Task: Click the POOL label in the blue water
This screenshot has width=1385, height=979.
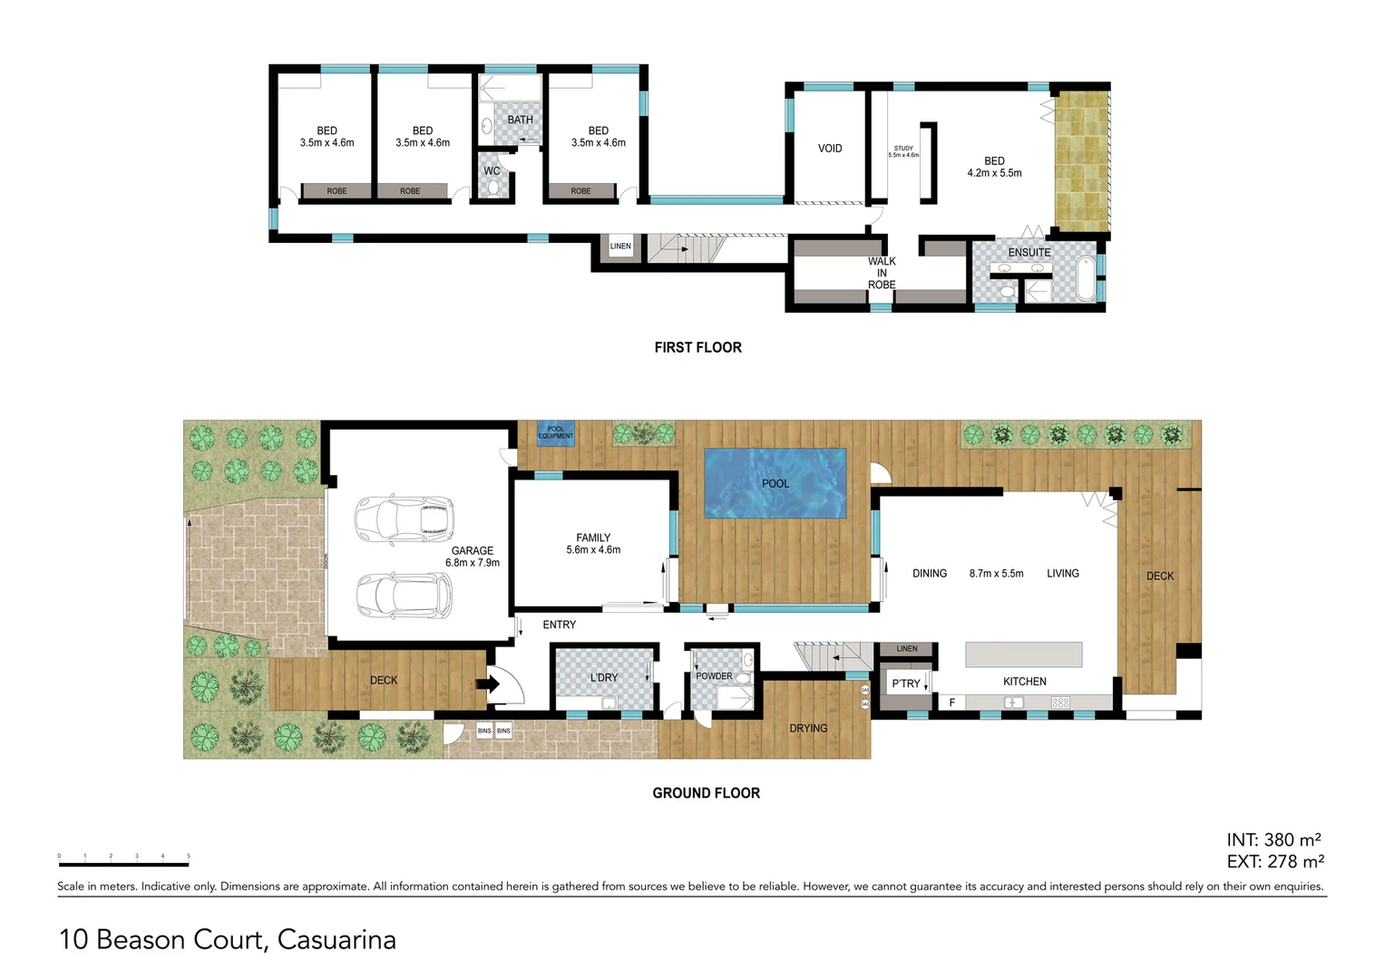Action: pyautogui.click(x=775, y=483)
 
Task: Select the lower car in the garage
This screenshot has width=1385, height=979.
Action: pyautogui.click(x=403, y=596)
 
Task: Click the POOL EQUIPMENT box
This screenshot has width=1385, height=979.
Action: pyautogui.click(x=555, y=432)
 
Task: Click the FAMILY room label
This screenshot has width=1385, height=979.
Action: pyautogui.click(x=593, y=538)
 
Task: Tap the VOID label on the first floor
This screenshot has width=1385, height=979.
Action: pyautogui.click(x=830, y=149)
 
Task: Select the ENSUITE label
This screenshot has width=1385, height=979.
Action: pyautogui.click(x=1029, y=252)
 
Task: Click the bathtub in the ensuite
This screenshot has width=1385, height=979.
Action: pyautogui.click(x=1085, y=278)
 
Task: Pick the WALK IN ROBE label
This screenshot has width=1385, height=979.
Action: pyautogui.click(x=882, y=273)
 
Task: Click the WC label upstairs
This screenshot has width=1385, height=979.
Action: pyautogui.click(x=492, y=170)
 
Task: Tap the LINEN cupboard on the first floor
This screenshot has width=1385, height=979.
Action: pyautogui.click(x=620, y=247)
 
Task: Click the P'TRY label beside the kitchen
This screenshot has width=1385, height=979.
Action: pyautogui.click(x=905, y=683)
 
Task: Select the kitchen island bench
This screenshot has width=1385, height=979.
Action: pyautogui.click(x=1023, y=654)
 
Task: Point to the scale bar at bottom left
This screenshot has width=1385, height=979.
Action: pyautogui.click(x=123, y=863)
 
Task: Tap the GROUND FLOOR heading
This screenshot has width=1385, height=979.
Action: pyautogui.click(x=706, y=793)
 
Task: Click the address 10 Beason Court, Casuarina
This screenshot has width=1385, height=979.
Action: pyautogui.click(x=228, y=939)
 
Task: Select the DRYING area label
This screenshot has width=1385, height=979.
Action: pyautogui.click(x=808, y=728)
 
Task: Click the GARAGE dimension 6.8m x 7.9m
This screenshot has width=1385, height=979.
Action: pyautogui.click(x=472, y=563)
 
